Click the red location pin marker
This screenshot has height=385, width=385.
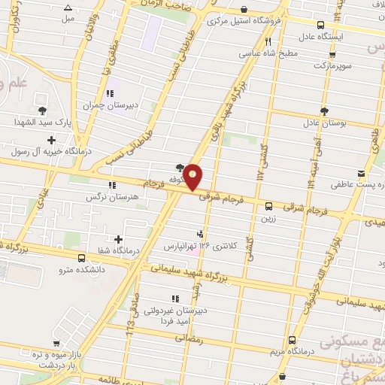pyautogui.click(x=193, y=177)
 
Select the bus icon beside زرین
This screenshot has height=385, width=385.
pyautogui.click(x=268, y=205)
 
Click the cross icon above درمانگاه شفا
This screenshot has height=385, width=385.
pyautogui.click(x=118, y=239)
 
